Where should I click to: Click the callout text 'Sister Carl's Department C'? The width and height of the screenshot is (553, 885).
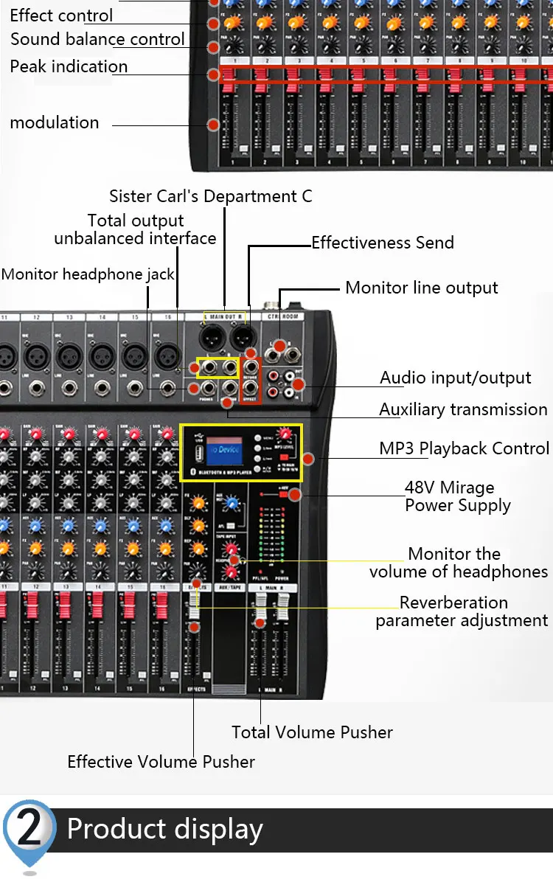pyautogui.click(x=210, y=196)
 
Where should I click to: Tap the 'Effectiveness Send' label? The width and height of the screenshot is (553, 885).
pyautogui.click(x=383, y=243)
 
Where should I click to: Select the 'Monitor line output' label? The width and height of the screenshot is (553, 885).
pyautogui.click(x=422, y=288)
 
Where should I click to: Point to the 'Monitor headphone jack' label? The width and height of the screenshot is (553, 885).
pyautogui.click(x=88, y=274)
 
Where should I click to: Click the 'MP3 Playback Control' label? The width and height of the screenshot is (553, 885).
pyautogui.click(x=464, y=448)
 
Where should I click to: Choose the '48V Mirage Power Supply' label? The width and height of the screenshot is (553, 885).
pyautogui.click(x=457, y=496)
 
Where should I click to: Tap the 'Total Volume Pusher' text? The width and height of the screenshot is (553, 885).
pyautogui.click(x=312, y=732)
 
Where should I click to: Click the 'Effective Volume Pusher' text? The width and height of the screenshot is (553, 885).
pyautogui.click(x=161, y=762)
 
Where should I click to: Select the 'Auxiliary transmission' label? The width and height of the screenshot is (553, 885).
pyautogui.click(x=463, y=409)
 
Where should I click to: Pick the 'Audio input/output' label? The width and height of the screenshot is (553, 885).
pyautogui.click(x=455, y=378)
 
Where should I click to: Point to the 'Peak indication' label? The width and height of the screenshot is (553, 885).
pyautogui.click(x=69, y=66)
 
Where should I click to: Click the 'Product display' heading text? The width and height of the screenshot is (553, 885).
pyautogui.click(x=164, y=829)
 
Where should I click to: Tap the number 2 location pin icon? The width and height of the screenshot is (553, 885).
pyautogui.click(x=29, y=830)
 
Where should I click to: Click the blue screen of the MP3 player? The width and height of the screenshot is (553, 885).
pyautogui.click(x=225, y=451)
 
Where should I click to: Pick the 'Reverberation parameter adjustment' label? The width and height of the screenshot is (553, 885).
pyautogui.click(x=462, y=611)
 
